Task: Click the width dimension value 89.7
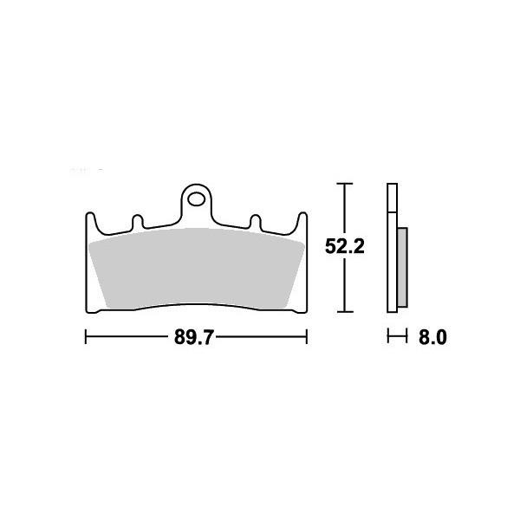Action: pos(195,338)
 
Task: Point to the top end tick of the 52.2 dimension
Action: pos(345,185)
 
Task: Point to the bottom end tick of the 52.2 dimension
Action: pos(345,310)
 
